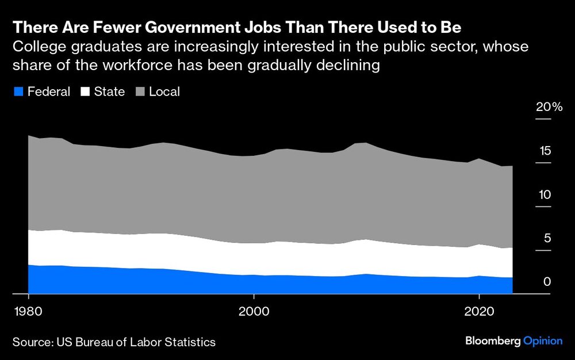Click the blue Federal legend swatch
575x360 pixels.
pyautogui.click(x=18, y=92)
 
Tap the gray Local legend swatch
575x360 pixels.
pyautogui.click(x=140, y=92)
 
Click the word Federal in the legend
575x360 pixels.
pyautogui.click(x=49, y=92)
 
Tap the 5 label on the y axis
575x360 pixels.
pyautogui.click(x=547, y=238)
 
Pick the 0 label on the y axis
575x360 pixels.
pyautogui.click(x=547, y=282)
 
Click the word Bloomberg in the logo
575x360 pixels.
pyautogui.click(x=493, y=342)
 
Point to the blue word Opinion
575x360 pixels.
pyautogui.click(x=543, y=342)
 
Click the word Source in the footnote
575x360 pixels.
pyautogui.click(x=32, y=343)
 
